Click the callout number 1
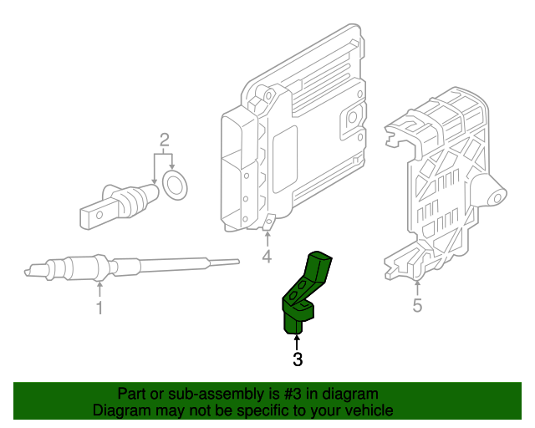[99, 308]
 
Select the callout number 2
[165, 139]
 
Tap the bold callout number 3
[297, 360]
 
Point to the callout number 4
[267, 257]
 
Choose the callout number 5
[417, 306]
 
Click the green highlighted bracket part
[304, 293]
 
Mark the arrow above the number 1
[99, 289]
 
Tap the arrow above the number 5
[417, 287]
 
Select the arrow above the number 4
[267, 238]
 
